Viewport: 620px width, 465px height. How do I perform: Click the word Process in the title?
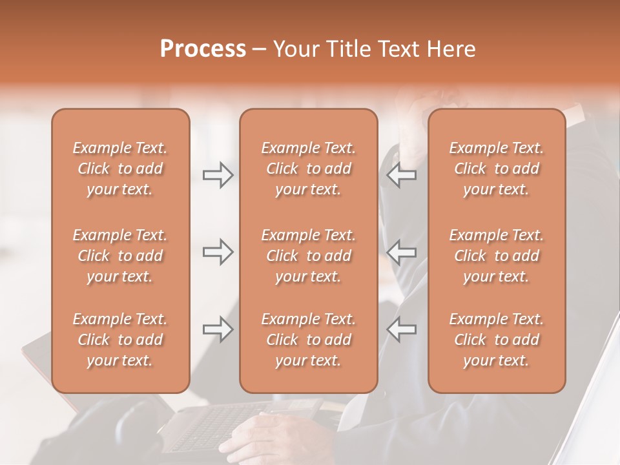click(x=203, y=49)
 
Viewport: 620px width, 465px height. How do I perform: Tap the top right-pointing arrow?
click(x=218, y=175)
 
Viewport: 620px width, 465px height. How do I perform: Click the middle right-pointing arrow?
click(x=218, y=252)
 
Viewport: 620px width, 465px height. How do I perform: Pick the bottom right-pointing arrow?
click(x=218, y=329)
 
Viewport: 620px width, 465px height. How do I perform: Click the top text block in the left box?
click(x=120, y=169)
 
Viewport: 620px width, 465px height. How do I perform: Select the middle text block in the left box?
click(x=120, y=256)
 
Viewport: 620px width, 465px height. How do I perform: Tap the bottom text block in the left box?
click(x=120, y=340)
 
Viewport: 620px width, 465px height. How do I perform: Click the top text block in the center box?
click(x=308, y=169)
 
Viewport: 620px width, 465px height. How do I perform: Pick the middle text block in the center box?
click(x=308, y=256)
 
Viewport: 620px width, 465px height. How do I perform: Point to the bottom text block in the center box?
click(x=308, y=340)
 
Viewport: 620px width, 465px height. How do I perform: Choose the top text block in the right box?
click(x=497, y=169)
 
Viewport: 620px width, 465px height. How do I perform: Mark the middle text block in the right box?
click(x=497, y=256)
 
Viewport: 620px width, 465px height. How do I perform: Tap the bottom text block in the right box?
click(x=497, y=340)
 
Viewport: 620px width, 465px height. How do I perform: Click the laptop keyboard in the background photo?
click(x=207, y=426)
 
